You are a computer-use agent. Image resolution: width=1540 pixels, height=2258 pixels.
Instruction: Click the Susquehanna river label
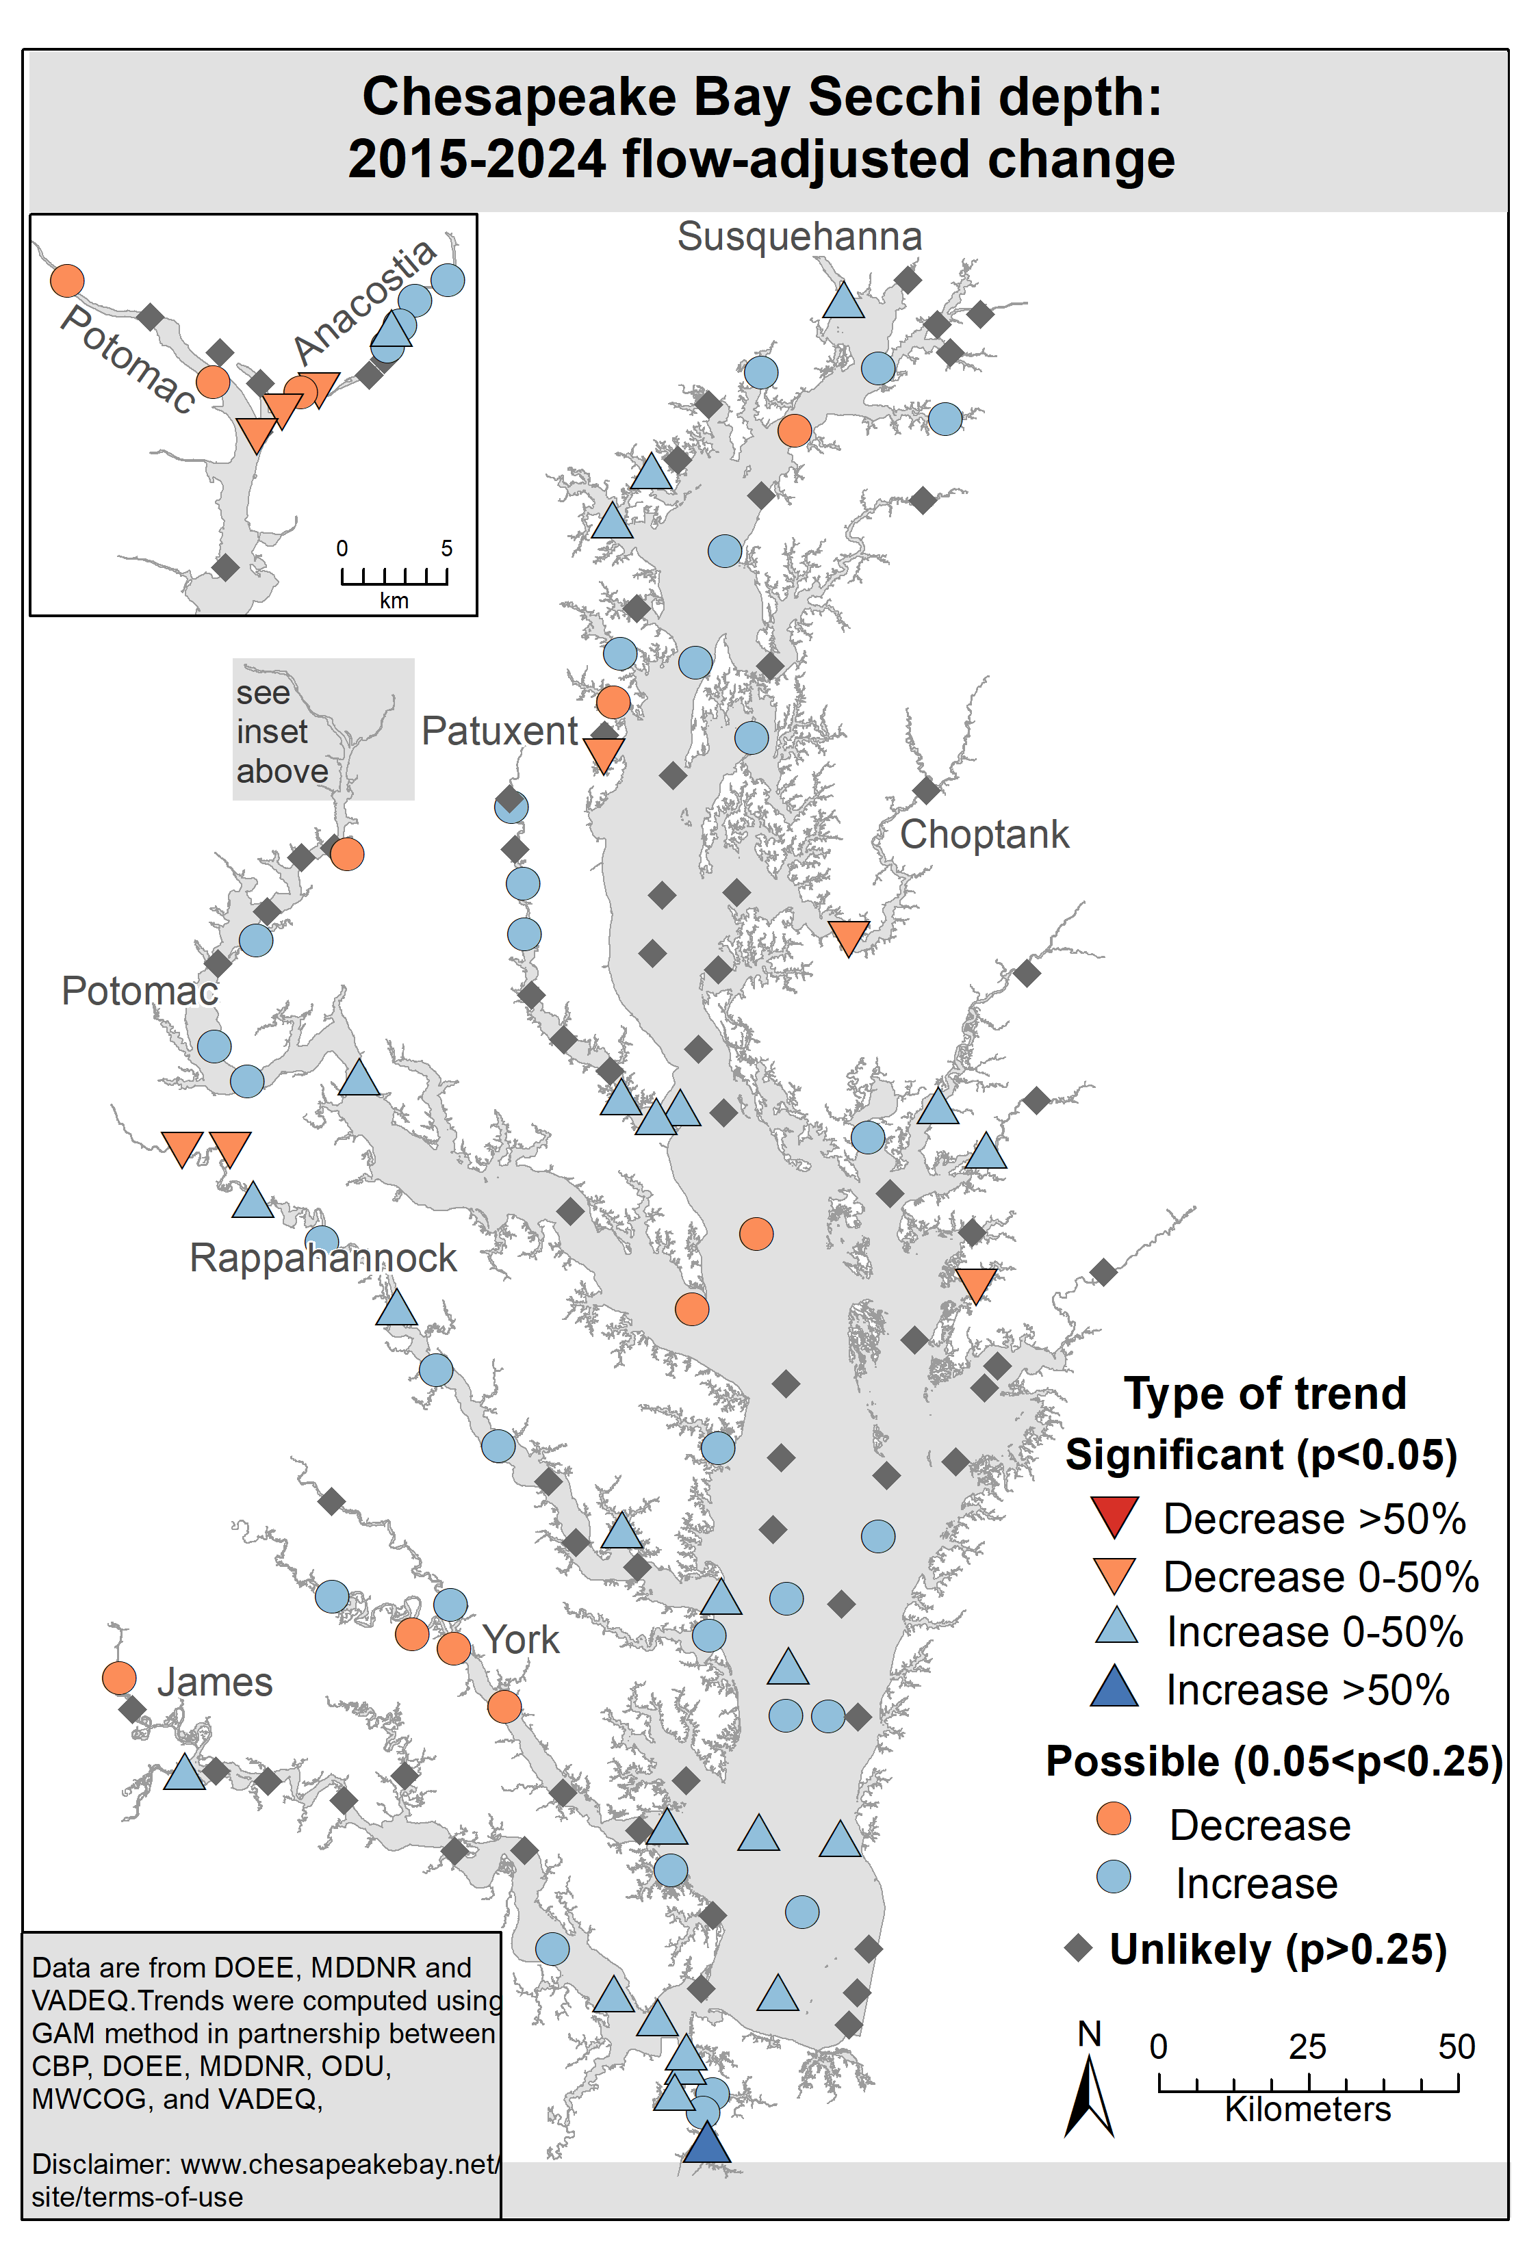pos(799,237)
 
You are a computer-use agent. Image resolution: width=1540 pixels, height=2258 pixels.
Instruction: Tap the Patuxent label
pos(500,731)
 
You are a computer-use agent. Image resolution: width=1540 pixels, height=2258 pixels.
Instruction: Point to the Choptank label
pos(984,835)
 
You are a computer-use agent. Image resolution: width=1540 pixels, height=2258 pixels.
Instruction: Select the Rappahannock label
pos(322,1258)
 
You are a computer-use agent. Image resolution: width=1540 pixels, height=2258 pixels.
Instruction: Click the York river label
pos(521,1641)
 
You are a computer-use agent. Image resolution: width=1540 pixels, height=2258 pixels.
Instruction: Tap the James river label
pos(215,1683)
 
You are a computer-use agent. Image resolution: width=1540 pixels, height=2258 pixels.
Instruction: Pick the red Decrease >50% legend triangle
pos(1114,1517)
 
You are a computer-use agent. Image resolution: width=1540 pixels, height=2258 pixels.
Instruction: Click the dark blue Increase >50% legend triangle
pos(1114,1687)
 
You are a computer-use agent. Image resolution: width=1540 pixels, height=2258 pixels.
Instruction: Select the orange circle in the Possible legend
pos(1114,1819)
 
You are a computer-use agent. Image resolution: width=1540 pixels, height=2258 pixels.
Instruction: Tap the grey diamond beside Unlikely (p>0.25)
pos(1079,1948)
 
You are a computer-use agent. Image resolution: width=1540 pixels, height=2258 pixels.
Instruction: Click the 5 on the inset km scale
pos(447,548)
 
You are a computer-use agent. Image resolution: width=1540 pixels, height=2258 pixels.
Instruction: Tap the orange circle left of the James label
pos(118,1678)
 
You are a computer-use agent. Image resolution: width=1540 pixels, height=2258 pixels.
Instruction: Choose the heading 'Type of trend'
pos(1265,1393)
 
